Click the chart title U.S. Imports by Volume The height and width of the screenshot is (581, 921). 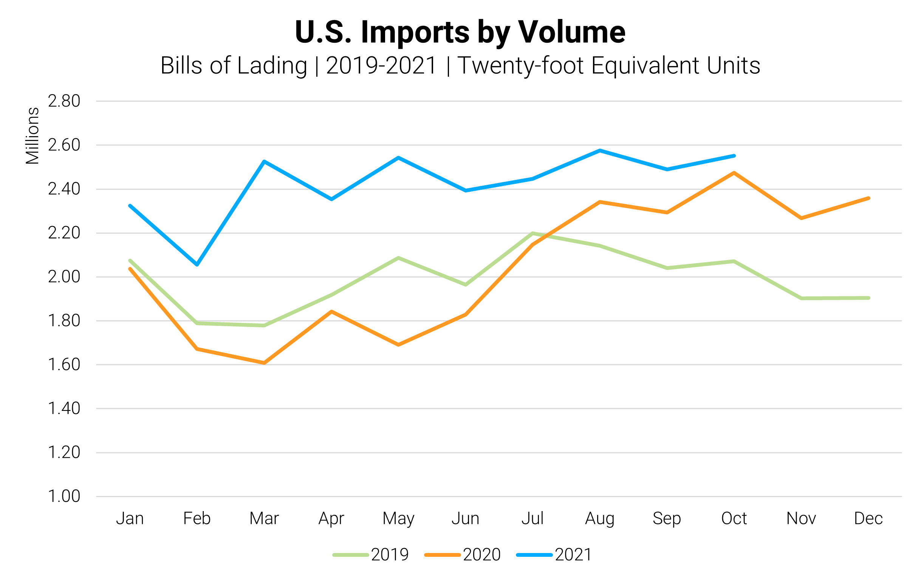(x=460, y=32)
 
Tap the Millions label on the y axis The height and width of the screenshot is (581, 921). (x=33, y=136)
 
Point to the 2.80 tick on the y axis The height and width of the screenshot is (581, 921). (x=64, y=101)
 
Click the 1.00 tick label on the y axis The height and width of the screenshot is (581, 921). (x=64, y=496)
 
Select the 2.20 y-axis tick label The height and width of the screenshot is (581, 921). (x=64, y=233)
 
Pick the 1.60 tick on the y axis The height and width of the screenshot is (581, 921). (x=64, y=364)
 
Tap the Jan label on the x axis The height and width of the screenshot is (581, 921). (x=130, y=519)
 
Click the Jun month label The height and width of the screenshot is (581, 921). (x=465, y=519)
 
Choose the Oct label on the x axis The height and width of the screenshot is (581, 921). (x=734, y=519)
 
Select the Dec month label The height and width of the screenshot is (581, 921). (x=868, y=519)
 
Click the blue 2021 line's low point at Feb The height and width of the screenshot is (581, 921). (x=197, y=265)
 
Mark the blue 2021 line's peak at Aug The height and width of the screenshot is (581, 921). (x=600, y=150)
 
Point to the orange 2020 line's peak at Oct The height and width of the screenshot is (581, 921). (x=734, y=173)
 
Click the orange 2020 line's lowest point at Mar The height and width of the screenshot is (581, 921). (x=264, y=363)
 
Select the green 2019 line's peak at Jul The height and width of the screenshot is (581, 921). (x=533, y=233)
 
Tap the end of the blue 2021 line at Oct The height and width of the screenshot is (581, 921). (x=734, y=156)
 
